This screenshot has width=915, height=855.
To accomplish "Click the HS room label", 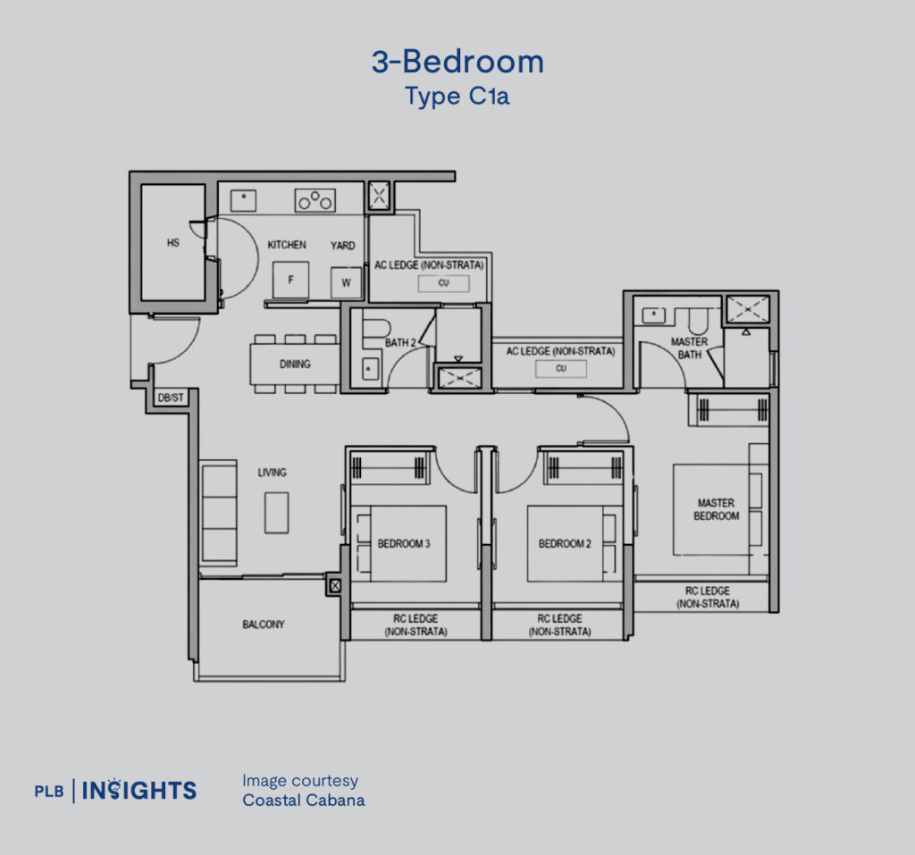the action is click(x=172, y=242).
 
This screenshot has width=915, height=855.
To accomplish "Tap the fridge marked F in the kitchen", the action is click(x=290, y=281).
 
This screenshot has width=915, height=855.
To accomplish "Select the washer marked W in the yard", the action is click(x=346, y=283).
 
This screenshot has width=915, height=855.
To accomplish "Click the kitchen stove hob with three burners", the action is click(x=315, y=200).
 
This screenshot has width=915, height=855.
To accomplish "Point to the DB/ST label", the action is click(x=171, y=398).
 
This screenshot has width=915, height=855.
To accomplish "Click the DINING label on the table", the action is click(x=295, y=365).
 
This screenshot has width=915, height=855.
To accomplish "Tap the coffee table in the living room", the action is click(x=277, y=513).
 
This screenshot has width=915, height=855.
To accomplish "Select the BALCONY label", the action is click(x=264, y=624).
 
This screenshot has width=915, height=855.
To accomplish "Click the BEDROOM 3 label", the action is click(x=404, y=543).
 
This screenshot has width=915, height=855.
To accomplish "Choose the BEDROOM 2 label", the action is click(x=565, y=543).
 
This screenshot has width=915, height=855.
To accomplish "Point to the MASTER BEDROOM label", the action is click(x=716, y=509).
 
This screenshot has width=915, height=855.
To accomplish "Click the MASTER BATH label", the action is click(x=689, y=348).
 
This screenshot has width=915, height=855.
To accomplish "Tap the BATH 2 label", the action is click(x=400, y=342).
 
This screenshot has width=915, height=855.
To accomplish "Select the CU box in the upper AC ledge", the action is click(x=443, y=283).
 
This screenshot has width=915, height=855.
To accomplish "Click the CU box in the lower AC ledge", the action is click(x=561, y=368).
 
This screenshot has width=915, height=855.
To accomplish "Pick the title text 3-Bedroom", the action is click(x=458, y=62).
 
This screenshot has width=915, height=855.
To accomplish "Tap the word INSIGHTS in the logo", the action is click(x=139, y=790).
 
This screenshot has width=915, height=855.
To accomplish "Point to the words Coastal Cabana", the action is click(x=304, y=800).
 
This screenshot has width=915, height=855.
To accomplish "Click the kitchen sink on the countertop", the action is click(x=243, y=200).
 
